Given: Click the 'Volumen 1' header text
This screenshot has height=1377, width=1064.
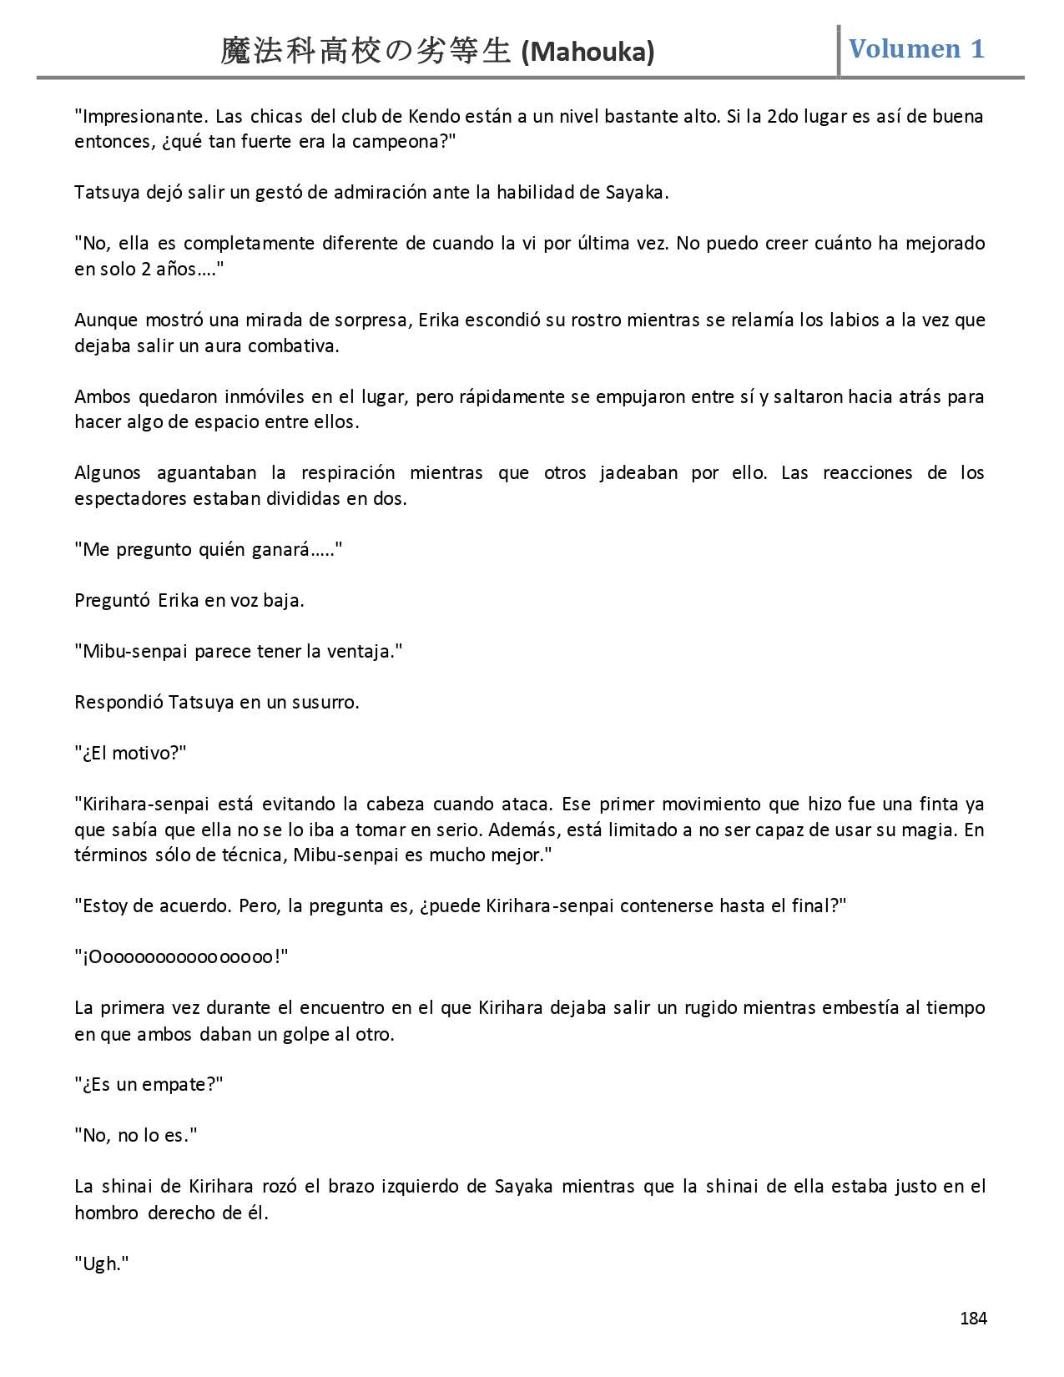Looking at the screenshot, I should (916, 48).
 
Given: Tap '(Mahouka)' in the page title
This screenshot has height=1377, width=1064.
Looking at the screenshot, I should (587, 53).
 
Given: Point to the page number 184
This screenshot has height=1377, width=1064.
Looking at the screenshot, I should (973, 1319).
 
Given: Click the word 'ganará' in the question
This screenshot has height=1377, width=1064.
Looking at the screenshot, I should (305, 549).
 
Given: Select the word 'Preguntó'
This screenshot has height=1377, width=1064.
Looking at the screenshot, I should (112, 600).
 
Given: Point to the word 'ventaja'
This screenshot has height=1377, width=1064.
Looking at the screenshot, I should (363, 651).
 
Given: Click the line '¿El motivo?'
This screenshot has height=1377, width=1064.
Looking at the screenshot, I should (130, 753).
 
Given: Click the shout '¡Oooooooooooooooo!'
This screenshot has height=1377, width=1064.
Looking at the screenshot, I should (181, 956).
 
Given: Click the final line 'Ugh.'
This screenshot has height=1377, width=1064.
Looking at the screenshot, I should (101, 1263).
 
